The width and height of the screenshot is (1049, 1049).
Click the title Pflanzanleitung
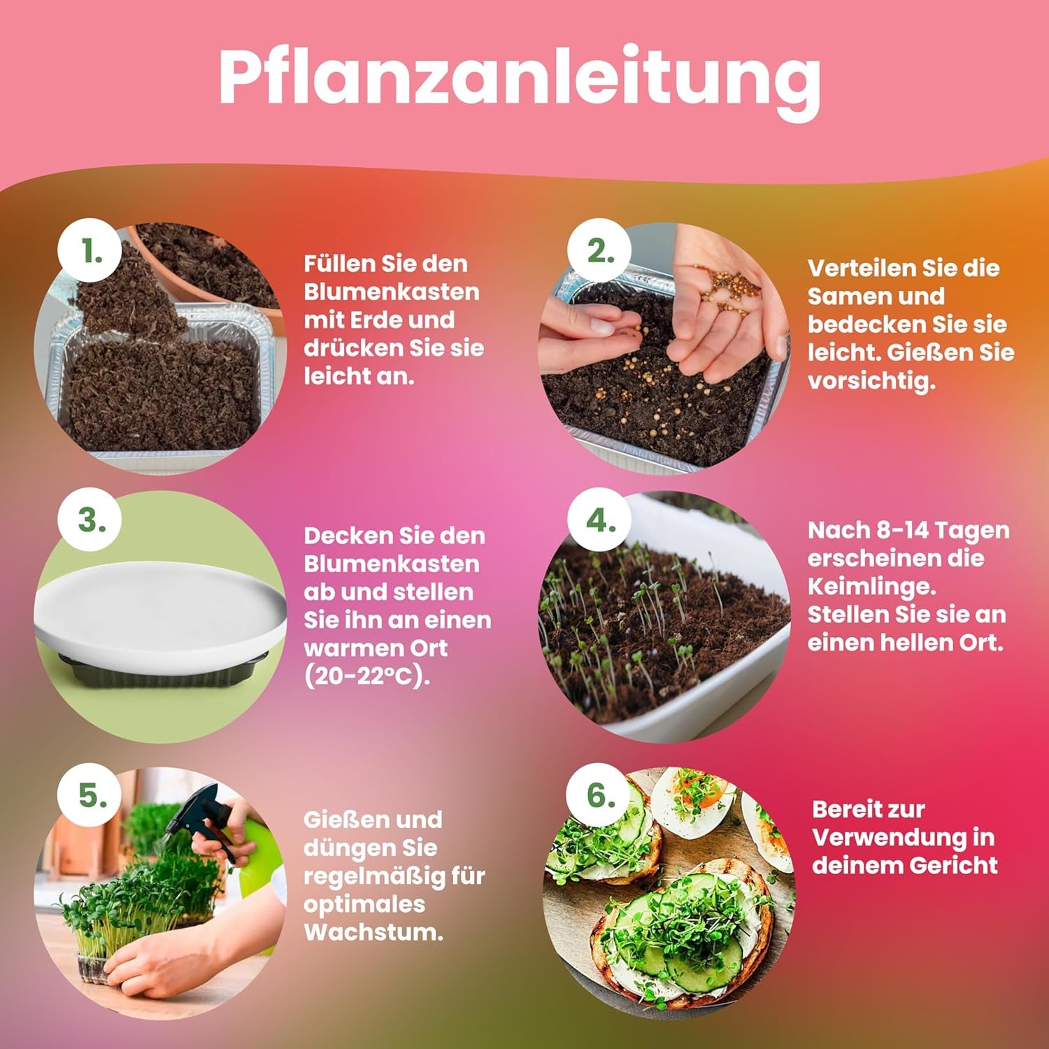[x=519, y=78]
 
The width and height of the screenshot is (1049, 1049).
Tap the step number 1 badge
[x=91, y=252]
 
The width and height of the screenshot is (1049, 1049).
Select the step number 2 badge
[x=600, y=252]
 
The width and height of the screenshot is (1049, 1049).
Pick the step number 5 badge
[x=91, y=796]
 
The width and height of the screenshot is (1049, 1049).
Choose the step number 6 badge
[x=600, y=796]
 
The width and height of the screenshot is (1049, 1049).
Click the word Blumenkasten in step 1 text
[x=392, y=292]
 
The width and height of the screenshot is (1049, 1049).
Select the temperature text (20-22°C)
[x=367, y=676]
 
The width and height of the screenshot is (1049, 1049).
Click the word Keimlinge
[x=871, y=586]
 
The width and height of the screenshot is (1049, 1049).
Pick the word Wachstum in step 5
[x=373, y=932]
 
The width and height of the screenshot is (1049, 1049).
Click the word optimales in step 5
[x=364, y=904]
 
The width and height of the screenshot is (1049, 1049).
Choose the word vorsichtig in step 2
[x=871, y=381]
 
